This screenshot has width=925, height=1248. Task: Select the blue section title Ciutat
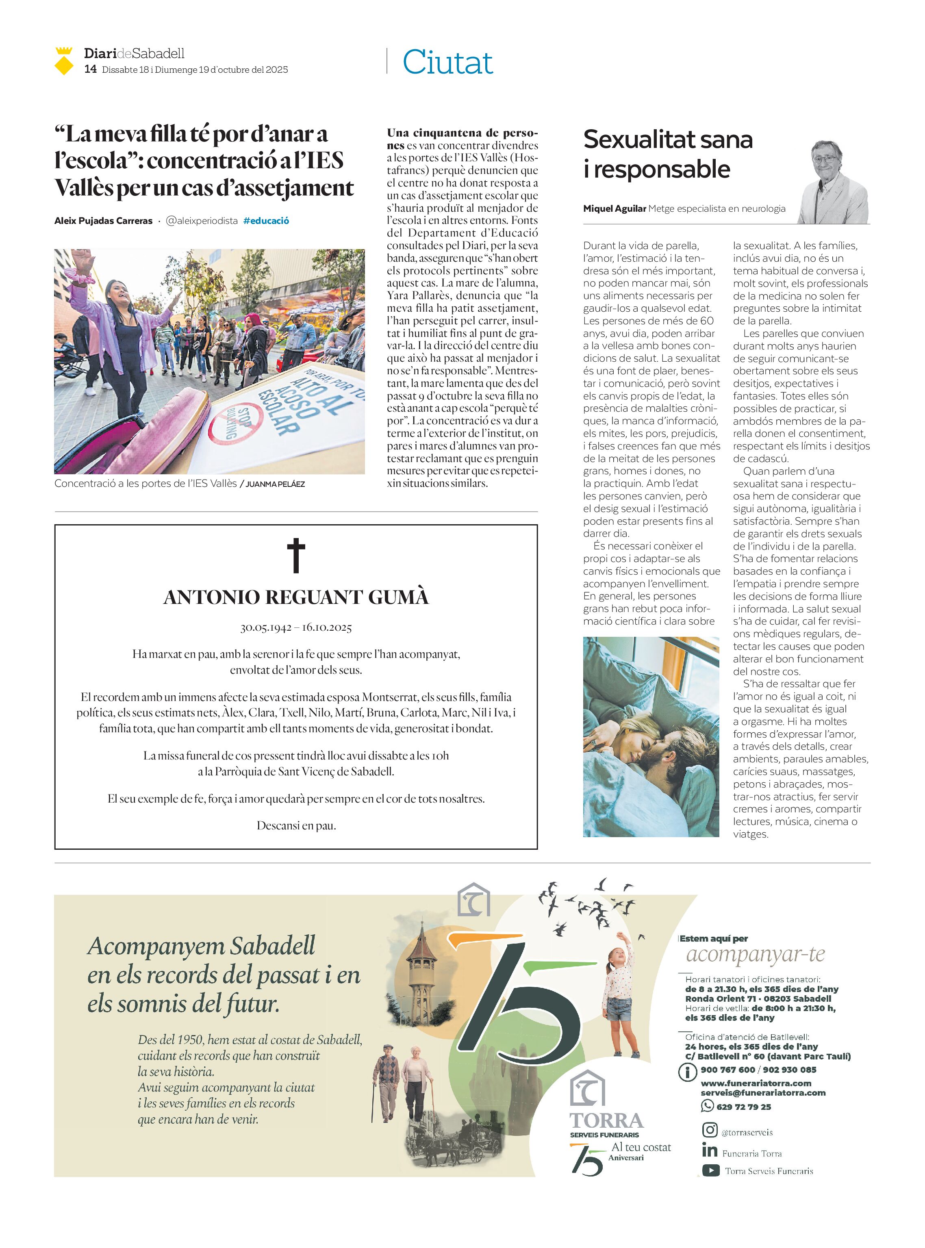click(x=447, y=62)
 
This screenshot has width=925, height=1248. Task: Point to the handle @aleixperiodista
click(x=202, y=221)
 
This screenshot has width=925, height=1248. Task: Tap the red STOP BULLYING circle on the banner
click(x=235, y=423)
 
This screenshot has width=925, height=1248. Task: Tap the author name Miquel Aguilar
click(x=614, y=209)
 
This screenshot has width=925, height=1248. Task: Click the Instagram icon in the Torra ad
click(x=710, y=1129)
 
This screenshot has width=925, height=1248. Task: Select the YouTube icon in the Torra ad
click(x=710, y=1170)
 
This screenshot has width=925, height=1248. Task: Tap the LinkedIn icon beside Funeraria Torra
click(x=710, y=1150)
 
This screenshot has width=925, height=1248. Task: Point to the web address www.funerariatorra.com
click(x=756, y=1083)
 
